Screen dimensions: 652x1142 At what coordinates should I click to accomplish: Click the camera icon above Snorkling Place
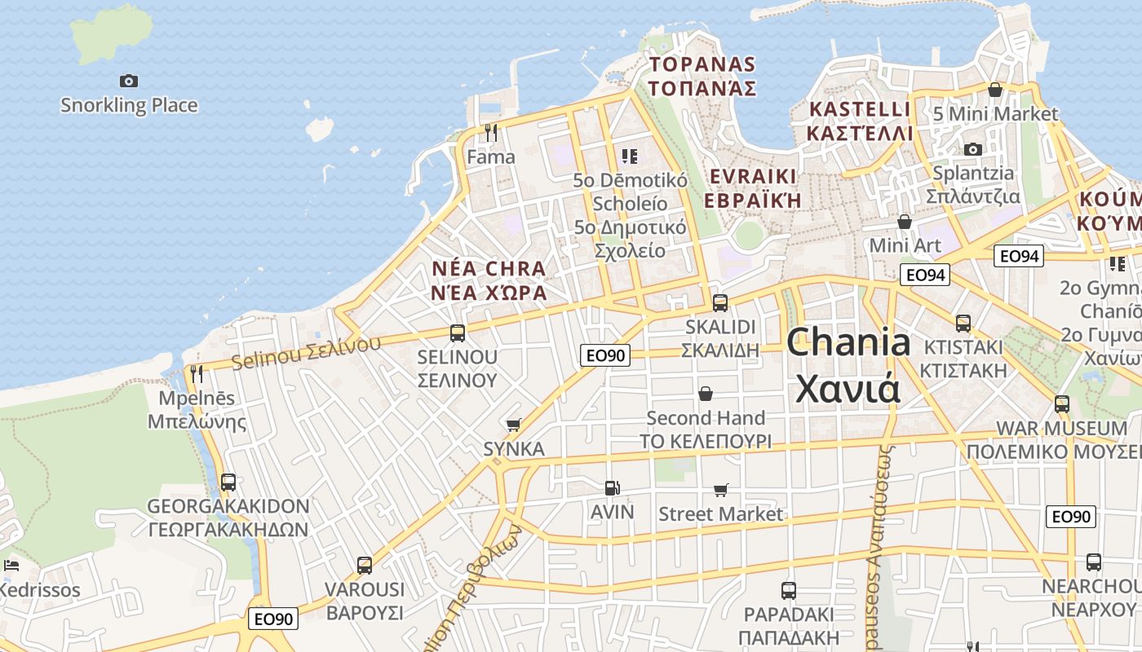(x=129, y=81)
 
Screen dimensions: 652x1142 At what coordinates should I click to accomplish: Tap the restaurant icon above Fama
(x=491, y=132)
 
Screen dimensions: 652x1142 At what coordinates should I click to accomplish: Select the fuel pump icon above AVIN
(x=612, y=488)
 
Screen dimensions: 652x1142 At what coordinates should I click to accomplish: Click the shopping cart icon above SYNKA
(x=513, y=425)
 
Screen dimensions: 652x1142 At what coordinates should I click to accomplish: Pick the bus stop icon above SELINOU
(x=457, y=333)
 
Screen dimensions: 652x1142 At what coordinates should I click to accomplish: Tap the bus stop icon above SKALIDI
(x=719, y=302)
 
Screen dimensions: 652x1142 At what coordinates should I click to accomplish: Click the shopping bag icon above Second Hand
(x=706, y=394)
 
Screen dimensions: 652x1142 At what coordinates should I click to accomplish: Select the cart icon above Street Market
(x=720, y=490)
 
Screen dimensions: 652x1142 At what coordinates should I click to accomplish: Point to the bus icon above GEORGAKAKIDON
(x=228, y=482)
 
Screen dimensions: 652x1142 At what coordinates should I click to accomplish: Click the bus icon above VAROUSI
(x=365, y=565)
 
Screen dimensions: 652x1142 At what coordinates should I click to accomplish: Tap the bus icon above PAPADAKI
(x=788, y=591)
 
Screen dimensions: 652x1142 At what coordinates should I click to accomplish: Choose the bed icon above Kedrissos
(x=11, y=565)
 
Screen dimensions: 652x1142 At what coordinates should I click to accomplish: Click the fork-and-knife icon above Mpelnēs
(x=196, y=374)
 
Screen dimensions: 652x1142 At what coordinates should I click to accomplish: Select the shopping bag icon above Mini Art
(x=904, y=221)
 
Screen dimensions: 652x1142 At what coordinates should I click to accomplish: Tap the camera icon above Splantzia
(x=972, y=149)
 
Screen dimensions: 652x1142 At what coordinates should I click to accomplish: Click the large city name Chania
(x=848, y=342)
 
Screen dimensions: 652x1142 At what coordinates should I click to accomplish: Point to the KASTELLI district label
(x=860, y=109)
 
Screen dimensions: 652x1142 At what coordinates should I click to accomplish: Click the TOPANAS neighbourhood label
(x=702, y=64)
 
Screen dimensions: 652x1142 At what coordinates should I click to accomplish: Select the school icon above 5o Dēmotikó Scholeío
(x=629, y=156)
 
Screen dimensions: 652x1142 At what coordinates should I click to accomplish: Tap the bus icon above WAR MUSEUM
(x=1061, y=403)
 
